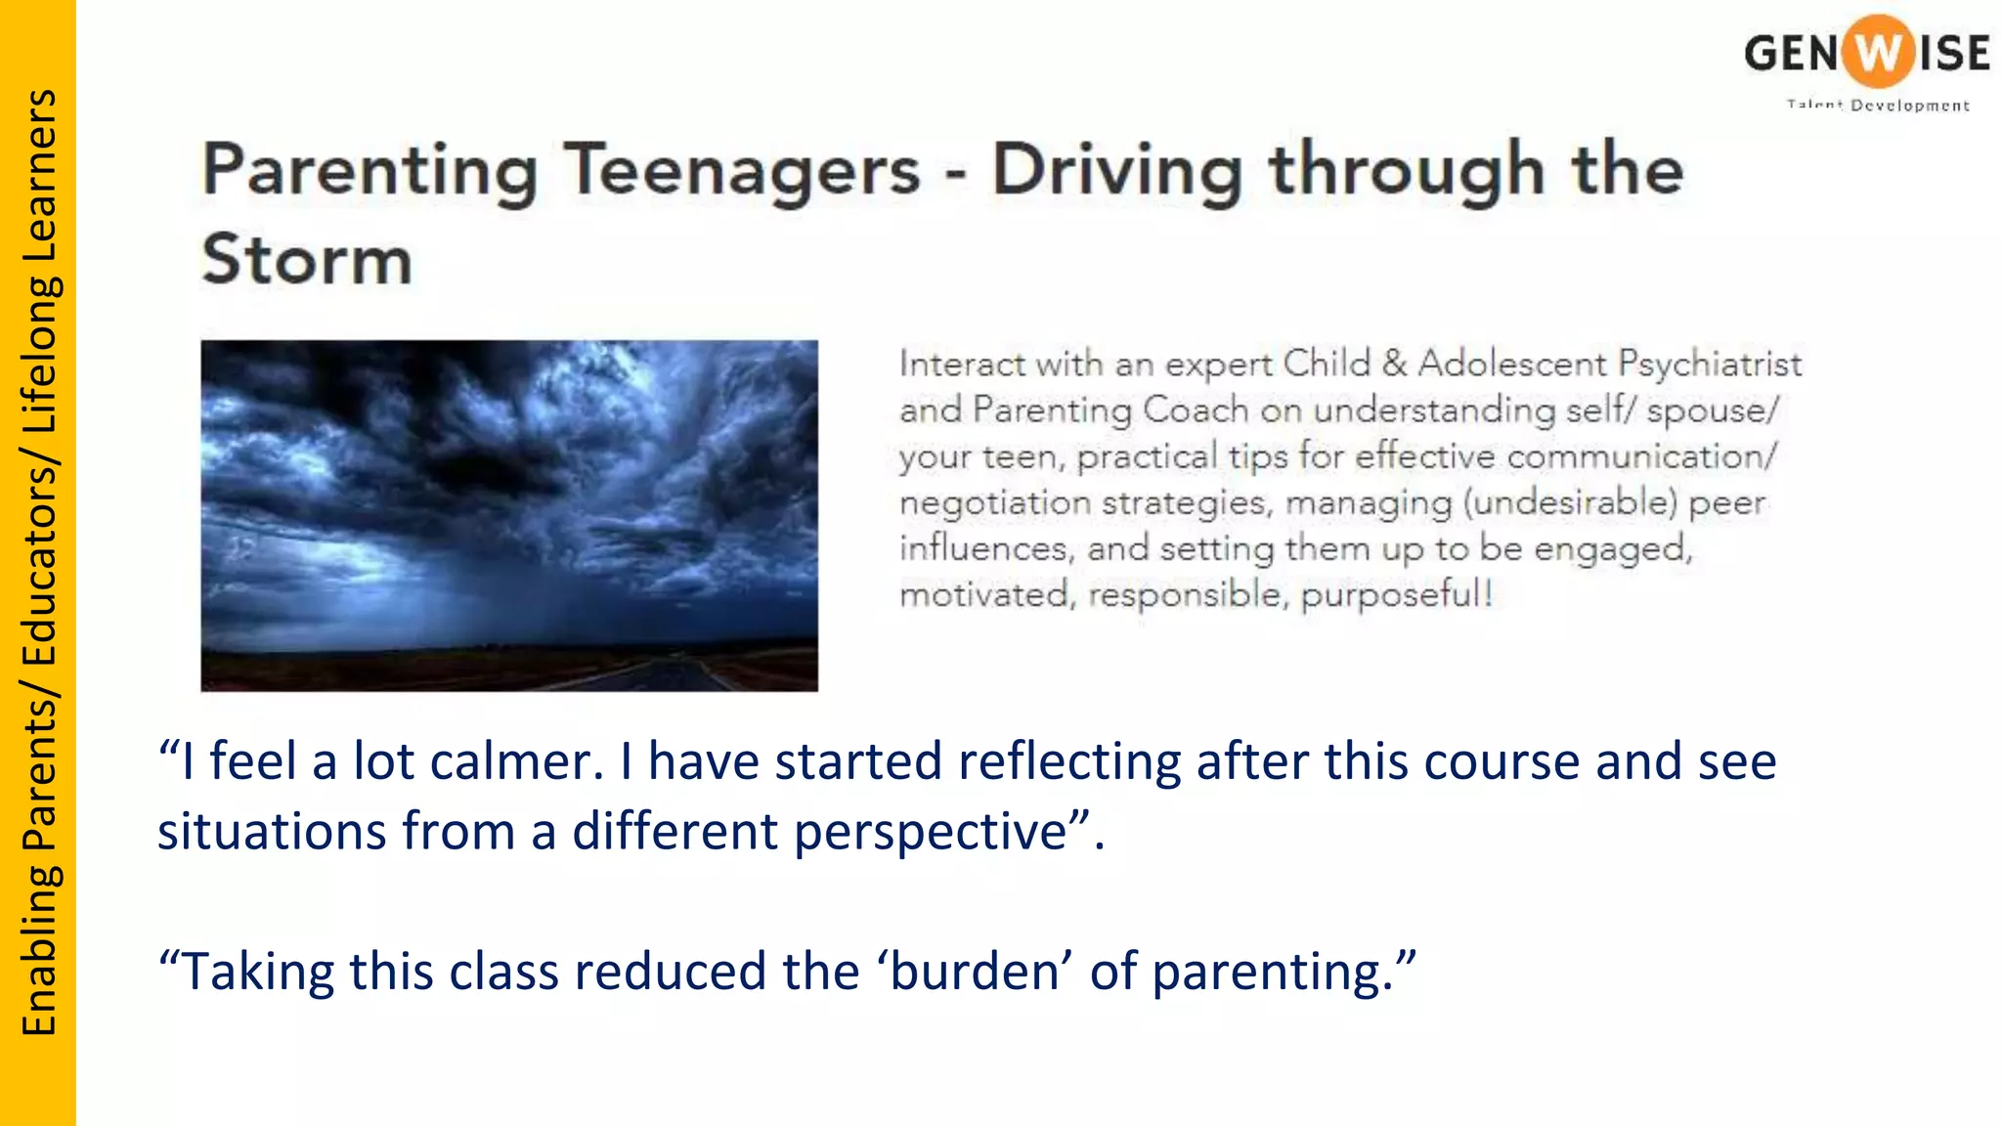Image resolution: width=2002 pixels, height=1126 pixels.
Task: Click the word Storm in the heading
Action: tap(307, 260)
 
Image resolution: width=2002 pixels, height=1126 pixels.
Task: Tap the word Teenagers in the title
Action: tap(743, 170)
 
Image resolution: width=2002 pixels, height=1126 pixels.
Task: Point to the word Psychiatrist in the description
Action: tap(1709, 364)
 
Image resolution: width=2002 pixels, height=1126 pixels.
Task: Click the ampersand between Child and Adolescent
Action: tap(1394, 364)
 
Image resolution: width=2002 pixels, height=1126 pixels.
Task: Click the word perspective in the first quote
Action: tap(930, 832)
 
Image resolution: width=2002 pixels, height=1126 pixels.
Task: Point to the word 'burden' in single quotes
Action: tap(975, 972)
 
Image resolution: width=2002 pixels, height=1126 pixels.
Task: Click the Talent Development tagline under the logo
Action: tap(1877, 106)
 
